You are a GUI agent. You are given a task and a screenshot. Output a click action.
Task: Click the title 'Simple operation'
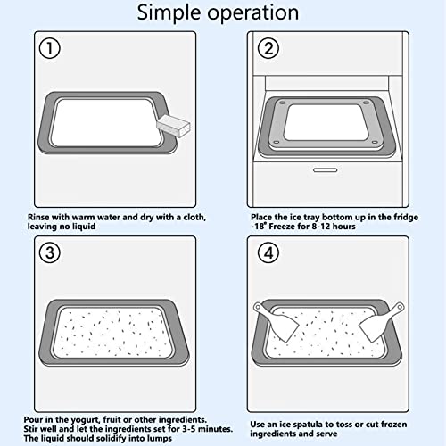click(x=223, y=13)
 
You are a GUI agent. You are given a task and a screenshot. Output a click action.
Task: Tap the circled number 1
click(x=51, y=50)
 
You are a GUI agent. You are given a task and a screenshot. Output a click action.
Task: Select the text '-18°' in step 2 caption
click(x=262, y=227)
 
